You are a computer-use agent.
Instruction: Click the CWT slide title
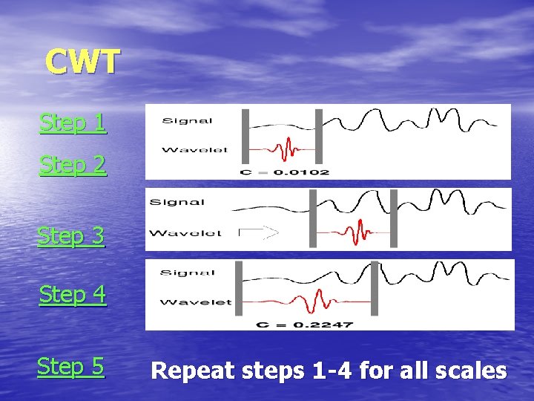click(x=82, y=62)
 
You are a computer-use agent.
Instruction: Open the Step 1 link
click(x=73, y=123)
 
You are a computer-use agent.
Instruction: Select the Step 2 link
click(x=73, y=165)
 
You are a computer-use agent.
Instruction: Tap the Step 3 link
click(x=71, y=236)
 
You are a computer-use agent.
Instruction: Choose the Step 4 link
click(x=73, y=295)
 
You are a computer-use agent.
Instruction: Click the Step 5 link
click(x=70, y=366)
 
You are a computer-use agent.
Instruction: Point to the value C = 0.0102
click(x=285, y=172)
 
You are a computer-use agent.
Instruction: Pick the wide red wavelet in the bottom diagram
click(x=311, y=302)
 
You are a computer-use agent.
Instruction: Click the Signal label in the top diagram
click(x=188, y=120)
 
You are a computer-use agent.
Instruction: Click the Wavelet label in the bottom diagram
click(x=195, y=301)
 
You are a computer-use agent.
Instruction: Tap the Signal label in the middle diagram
click(x=177, y=202)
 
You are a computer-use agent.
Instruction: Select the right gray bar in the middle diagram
click(x=393, y=218)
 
